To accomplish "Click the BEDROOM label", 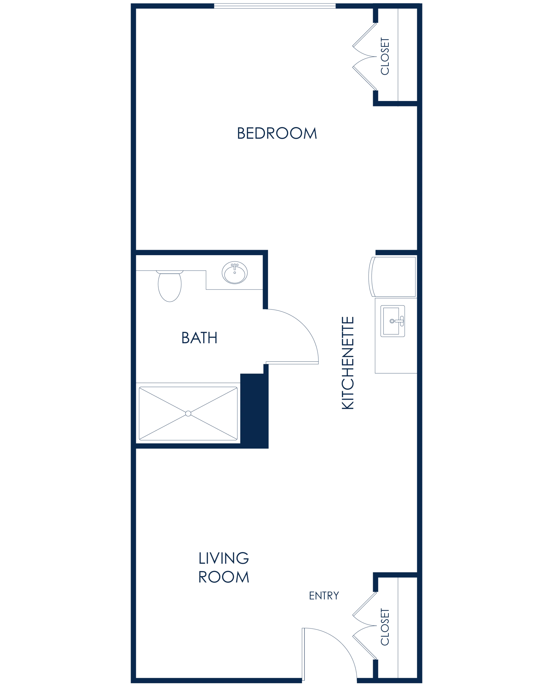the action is point(277,133).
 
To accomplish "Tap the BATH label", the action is point(199,338).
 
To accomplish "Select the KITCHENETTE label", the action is point(348,363).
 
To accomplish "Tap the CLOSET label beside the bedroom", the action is point(385,56).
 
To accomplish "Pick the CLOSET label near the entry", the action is point(385,627).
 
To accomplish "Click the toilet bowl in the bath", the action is point(170,287).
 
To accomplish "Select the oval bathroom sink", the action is point(235,273).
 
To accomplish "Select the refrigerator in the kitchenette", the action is point(393,277).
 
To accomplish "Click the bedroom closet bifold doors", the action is point(365,56).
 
